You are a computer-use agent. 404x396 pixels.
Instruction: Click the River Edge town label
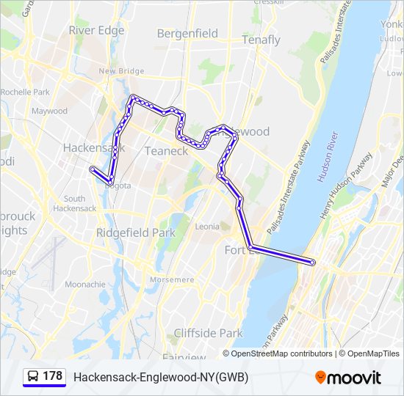[96, 30]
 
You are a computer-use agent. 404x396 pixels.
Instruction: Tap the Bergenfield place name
[187, 33]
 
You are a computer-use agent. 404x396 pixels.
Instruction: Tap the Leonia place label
[207, 227]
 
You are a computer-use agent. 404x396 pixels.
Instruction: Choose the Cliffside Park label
[208, 333]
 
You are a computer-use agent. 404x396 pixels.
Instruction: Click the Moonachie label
[84, 284]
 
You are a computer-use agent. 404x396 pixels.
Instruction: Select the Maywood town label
[49, 111]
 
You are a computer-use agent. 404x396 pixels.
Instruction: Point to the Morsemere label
[172, 279]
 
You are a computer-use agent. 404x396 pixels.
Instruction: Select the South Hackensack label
[74, 203]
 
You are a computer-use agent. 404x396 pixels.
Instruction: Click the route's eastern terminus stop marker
[313, 262]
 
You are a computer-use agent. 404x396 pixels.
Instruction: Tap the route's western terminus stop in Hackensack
[92, 169]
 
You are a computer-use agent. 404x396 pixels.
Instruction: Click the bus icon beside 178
[33, 376]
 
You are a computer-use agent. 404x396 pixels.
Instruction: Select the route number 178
[53, 376]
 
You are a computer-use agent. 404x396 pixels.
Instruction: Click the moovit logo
[348, 377]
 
